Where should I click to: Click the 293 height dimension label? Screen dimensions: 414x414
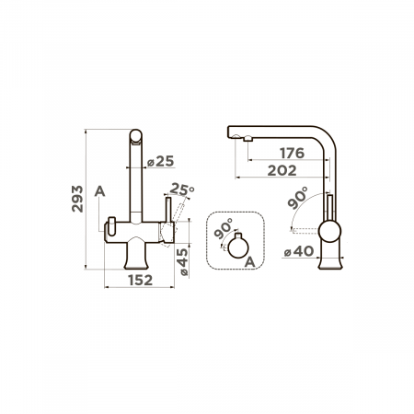(x=77, y=199)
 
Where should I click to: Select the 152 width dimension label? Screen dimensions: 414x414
(x=140, y=280)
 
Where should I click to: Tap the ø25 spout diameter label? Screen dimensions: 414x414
(x=160, y=161)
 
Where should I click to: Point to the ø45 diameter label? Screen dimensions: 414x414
(x=182, y=261)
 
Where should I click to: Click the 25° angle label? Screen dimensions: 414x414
(x=182, y=190)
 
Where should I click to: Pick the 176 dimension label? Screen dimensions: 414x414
(x=293, y=153)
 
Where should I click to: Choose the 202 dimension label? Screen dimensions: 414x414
(x=282, y=170)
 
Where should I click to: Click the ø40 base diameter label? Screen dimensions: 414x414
(x=299, y=251)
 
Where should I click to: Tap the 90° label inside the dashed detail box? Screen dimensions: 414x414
(x=223, y=228)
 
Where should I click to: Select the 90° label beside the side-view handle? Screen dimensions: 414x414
(x=297, y=198)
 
